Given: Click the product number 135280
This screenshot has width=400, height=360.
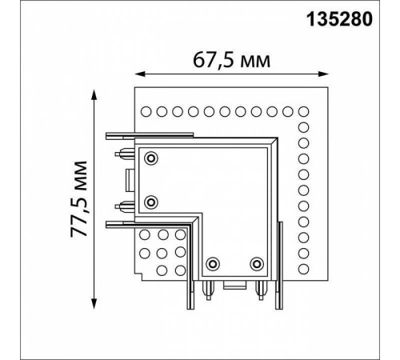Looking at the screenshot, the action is [x=339, y=20].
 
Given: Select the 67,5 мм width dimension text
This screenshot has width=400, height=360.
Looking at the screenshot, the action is [x=231, y=61].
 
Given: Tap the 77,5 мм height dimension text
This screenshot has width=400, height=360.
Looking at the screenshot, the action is [x=79, y=199].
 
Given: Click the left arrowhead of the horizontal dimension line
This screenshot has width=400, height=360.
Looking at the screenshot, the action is [x=140, y=74].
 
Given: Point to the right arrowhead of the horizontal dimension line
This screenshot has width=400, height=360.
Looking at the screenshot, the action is [x=323, y=74].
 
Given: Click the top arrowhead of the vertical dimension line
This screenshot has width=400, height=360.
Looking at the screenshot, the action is [x=94, y=95].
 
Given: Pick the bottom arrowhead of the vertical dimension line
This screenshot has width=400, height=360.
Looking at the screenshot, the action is [x=94, y=303].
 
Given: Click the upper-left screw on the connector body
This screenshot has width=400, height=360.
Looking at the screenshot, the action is [x=151, y=158].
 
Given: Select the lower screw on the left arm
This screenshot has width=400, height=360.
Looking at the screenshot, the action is [x=151, y=202].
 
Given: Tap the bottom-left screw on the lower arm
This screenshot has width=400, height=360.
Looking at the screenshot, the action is [x=213, y=264].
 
